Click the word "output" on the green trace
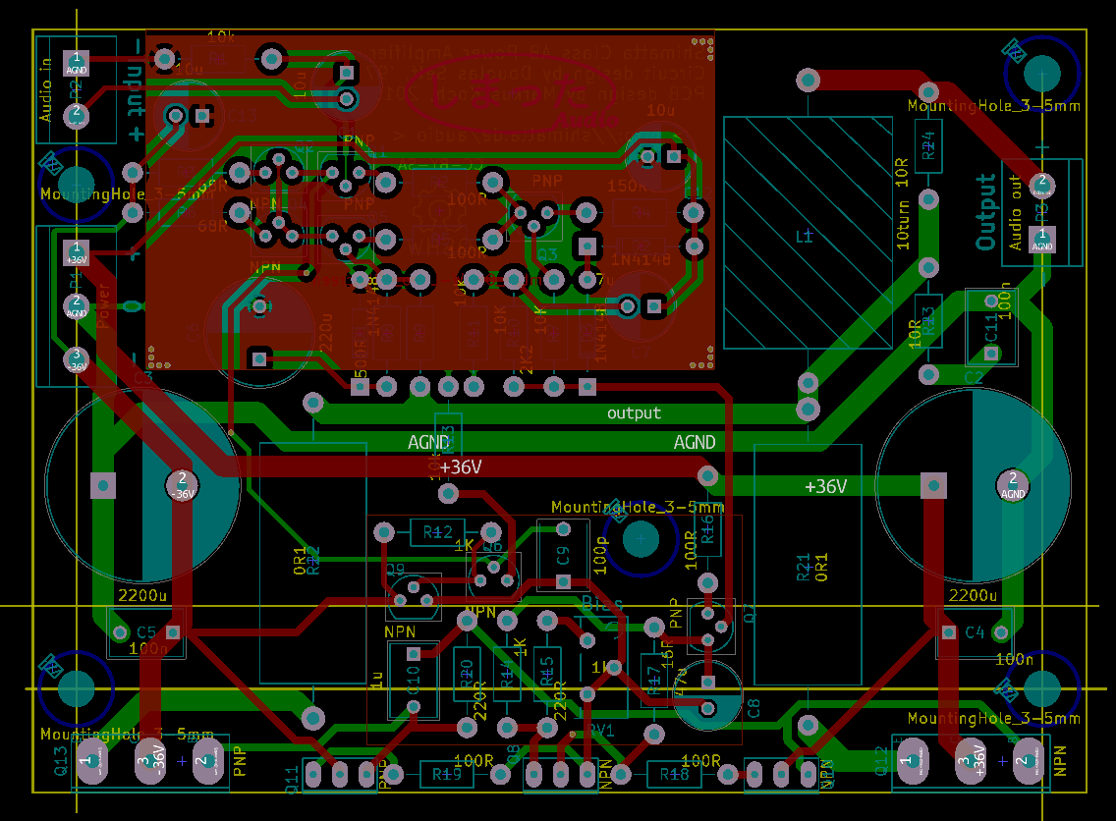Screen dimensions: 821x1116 (634, 413)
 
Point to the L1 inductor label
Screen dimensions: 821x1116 (805, 237)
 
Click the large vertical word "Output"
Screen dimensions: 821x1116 (986, 211)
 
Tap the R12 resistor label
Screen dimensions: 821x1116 (437, 532)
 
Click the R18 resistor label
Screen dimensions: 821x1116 (674, 775)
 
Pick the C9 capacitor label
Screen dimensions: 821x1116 (562, 555)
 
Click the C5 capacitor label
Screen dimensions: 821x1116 (145, 631)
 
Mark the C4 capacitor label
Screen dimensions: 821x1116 (975, 631)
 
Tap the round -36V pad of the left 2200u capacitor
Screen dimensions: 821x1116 (181, 482)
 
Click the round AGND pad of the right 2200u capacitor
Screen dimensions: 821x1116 (1012, 482)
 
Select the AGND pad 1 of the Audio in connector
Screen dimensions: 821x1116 (77, 63)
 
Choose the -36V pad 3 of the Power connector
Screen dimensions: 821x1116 (76, 359)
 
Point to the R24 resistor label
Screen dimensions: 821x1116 (927, 148)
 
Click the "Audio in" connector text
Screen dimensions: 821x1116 (45, 91)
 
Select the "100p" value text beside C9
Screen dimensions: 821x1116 (599, 555)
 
